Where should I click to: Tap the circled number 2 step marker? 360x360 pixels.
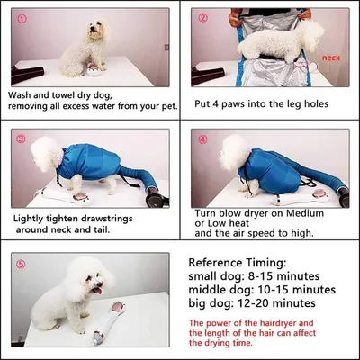pyautogui.click(x=204, y=18)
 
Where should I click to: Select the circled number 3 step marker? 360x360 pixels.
pyautogui.click(x=22, y=139)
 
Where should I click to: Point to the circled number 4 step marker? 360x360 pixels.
pyautogui.click(x=204, y=139)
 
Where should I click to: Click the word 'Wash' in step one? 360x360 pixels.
pyautogui.click(x=22, y=94)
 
